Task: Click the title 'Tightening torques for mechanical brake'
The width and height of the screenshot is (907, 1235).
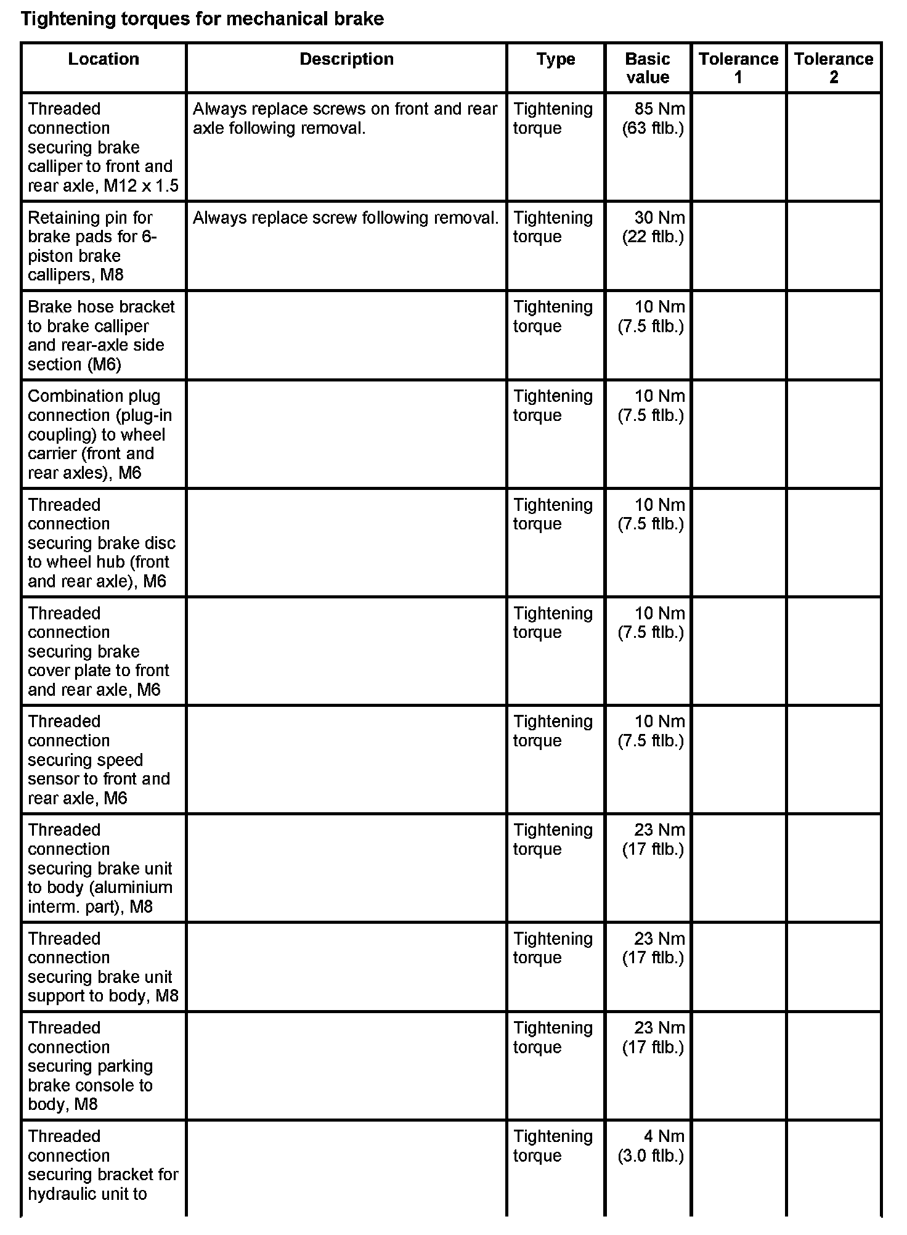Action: [x=202, y=19]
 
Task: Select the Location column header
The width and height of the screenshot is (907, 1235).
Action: [x=104, y=59]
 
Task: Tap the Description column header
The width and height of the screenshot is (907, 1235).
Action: [x=346, y=59]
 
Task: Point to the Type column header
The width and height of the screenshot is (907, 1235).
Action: [x=556, y=59]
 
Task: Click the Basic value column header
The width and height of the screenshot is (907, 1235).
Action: [x=647, y=68]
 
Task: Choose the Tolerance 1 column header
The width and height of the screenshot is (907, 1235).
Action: [x=738, y=68]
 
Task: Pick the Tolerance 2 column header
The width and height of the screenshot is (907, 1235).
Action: [x=834, y=68]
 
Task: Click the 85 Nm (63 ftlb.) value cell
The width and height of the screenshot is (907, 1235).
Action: [x=654, y=118]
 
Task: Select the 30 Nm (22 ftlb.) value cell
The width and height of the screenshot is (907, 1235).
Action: [x=654, y=227]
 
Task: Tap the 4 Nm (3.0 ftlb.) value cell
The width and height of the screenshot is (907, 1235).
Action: [x=652, y=1146]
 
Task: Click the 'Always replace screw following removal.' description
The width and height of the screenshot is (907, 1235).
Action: [x=346, y=218]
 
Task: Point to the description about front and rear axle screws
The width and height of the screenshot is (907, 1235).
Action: [x=345, y=118]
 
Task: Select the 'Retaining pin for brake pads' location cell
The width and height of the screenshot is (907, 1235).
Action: [x=92, y=246]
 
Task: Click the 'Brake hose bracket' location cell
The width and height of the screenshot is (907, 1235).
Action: [x=101, y=335]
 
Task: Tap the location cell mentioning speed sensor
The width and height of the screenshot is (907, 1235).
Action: [x=99, y=759]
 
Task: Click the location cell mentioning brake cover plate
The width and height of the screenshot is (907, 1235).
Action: [x=99, y=651]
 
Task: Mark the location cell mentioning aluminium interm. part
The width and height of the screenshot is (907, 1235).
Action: [x=100, y=868]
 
